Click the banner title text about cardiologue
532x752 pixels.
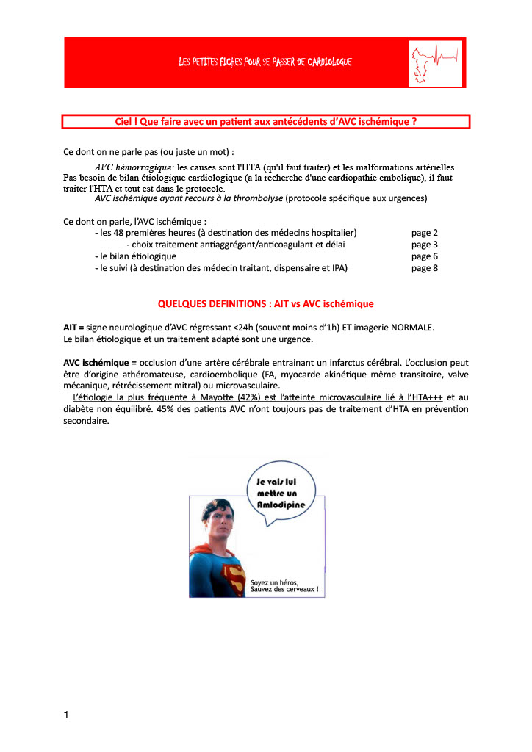pos(265,62)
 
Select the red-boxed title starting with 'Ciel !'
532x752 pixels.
pos(266,121)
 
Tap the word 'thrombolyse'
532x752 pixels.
pos(257,199)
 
